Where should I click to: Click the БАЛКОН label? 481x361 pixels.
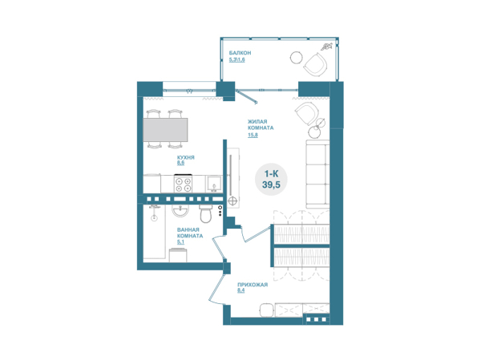(240, 53)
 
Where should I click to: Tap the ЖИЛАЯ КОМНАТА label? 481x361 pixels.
(261, 124)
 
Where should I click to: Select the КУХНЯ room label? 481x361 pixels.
(186, 157)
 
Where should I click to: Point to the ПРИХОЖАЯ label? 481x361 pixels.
(253, 285)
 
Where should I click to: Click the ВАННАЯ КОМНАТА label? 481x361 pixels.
(190, 233)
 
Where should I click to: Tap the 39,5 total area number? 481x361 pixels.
(271, 185)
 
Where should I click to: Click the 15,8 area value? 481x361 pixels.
(253, 135)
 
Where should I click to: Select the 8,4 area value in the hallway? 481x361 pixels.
(241, 290)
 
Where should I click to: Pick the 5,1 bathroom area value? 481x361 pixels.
(180, 242)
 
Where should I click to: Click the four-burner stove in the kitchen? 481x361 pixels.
(183, 184)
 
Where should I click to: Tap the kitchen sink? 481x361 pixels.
(213, 184)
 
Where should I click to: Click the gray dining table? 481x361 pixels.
(165, 130)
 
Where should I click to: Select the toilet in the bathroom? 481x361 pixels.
(205, 213)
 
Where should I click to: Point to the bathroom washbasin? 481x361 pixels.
(180, 211)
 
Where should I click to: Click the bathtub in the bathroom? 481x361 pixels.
(154, 232)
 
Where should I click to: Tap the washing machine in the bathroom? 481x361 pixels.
(179, 255)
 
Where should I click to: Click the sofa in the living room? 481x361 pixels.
(317, 174)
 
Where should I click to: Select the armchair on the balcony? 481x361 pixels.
(316, 64)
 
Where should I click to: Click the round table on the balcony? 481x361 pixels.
(297, 57)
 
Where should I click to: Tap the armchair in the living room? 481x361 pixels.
(307, 113)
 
